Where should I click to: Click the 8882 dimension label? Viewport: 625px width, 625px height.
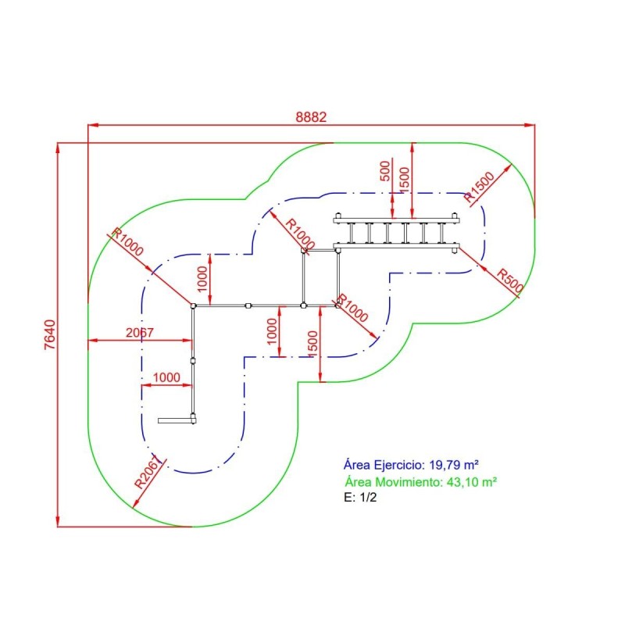coord(311,116)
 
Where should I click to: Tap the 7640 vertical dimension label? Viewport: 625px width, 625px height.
coord(50,334)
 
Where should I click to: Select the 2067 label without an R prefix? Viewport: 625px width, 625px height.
coord(141,333)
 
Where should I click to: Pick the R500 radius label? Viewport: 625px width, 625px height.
coord(509,280)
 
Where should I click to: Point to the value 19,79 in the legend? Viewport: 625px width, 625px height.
coord(445,464)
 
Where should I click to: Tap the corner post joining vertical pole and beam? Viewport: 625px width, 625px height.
coord(192,305)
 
